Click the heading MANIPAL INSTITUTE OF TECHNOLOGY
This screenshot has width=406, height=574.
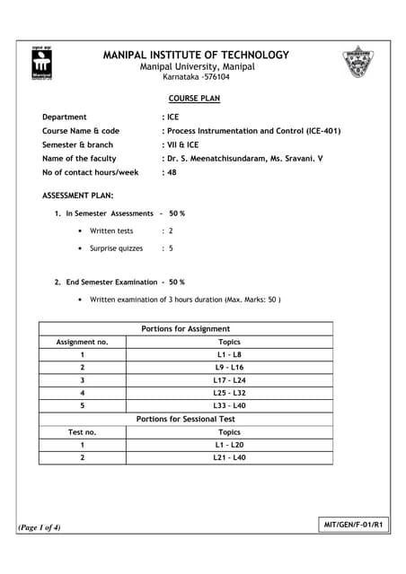[197, 55]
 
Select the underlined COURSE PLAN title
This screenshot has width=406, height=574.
[194, 99]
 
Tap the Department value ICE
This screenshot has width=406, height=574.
[171, 117]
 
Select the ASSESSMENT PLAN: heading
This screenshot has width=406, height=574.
[78, 196]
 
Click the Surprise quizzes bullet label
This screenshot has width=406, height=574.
[116, 248]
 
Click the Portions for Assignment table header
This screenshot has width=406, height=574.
[186, 329]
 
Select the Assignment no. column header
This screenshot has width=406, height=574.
[82, 342]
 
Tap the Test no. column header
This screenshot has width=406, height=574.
[82, 431]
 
